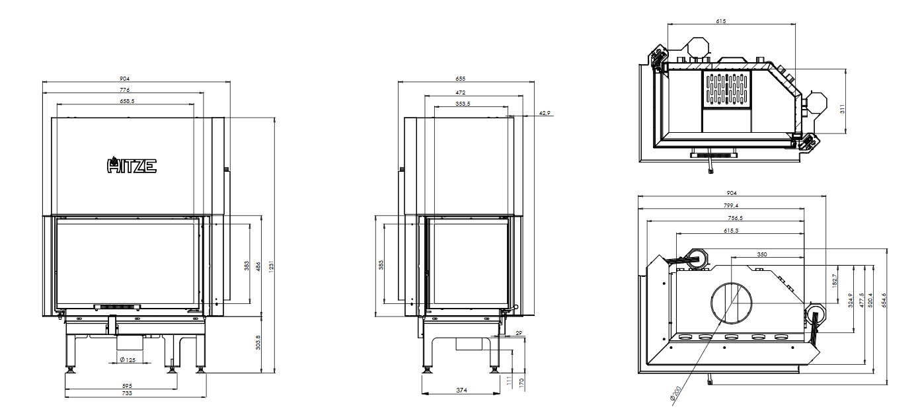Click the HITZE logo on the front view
pyautogui.click(x=132, y=165)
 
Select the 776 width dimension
pyautogui.click(x=124, y=89)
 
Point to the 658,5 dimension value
pyautogui.click(x=128, y=101)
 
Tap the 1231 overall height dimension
pyautogui.click(x=271, y=266)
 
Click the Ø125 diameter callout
pyautogui.click(x=128, y=360)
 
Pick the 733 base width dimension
pyautogui.click(x=128, y=393)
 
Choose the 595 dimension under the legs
pyautogui.click(x=128, y=386)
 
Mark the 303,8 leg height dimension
pyautogui.click(x=258, y=342)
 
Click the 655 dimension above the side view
pyautogui.click(x=461, y=79)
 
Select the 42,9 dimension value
pyautogui.click(x=545, y=113)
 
